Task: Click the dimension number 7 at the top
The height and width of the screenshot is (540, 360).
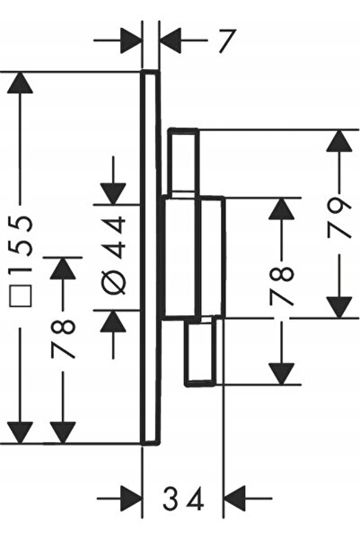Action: coord(227,41)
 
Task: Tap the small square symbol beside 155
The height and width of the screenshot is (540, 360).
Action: coord(21,296)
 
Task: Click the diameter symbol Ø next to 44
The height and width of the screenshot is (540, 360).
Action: coord(114,283)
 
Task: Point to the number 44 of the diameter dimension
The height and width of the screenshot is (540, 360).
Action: coord(114,237)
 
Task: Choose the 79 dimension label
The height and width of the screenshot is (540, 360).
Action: coord(339,219)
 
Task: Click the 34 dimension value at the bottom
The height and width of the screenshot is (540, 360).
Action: coord(183,498)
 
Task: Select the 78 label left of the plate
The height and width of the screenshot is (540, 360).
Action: coord(63,340)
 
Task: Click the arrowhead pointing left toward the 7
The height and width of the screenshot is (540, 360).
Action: coord(171,40)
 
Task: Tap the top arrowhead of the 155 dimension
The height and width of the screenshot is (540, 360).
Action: coord(20,83)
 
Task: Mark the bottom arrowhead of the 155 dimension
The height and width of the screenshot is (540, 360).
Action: coord(20,433)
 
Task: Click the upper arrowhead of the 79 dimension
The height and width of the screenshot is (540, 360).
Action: coord(339,140)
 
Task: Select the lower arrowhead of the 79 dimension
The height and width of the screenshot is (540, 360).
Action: coord(339,307)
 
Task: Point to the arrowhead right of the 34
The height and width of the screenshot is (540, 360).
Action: coord(234,498)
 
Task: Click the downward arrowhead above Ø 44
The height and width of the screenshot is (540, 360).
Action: coord(113,194)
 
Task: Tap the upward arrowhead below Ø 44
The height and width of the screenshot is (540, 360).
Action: coord(113,322)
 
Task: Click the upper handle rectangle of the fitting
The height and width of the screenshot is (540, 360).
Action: coord(183,162)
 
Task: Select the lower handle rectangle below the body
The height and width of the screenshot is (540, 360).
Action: coord(201,352)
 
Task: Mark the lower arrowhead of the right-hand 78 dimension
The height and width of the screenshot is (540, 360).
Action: coord(282,374)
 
